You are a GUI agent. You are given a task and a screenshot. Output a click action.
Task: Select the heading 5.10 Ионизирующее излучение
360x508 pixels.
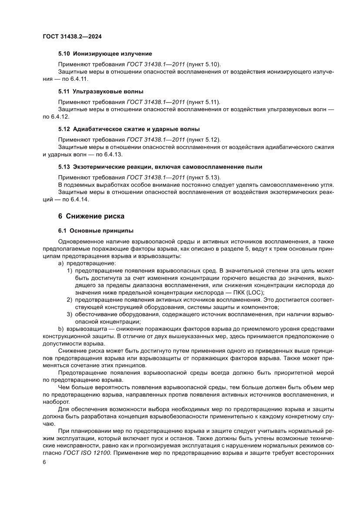(x=105, y=53)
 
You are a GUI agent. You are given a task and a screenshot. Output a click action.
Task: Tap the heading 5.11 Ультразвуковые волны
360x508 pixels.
(x=101, y=92)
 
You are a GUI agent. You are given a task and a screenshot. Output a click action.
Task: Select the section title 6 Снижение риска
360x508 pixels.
(x=91, y=216)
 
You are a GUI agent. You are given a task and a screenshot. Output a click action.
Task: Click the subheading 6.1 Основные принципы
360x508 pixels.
(x=96, y=230)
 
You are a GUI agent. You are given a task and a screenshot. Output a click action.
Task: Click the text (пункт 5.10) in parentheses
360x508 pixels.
(x=203, y=64)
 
